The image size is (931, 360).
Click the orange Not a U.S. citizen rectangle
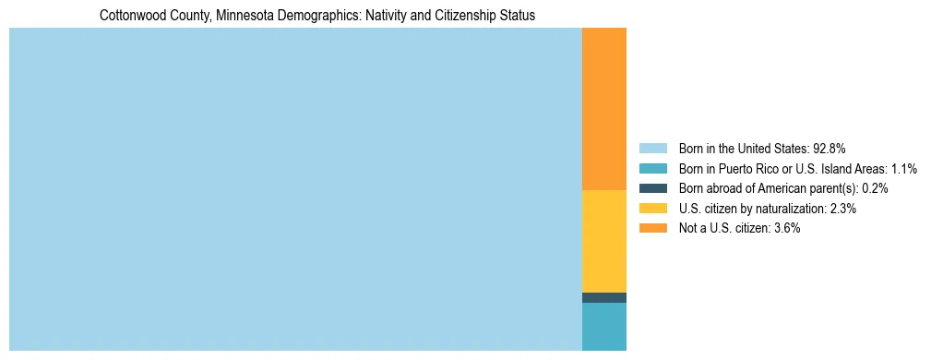(603, 109)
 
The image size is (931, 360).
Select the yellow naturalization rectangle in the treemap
(603, 241)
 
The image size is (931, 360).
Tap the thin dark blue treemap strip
(603, 297)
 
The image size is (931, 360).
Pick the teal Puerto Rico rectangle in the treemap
(603, 327)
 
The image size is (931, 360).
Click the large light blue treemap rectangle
(295, 189)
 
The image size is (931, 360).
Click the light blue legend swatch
(652, 149)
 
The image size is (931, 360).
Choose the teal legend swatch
(652, 169)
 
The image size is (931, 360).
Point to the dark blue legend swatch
(652, 188)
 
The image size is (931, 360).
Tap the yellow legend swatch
(652, 209)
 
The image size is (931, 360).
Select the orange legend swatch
(652, 228)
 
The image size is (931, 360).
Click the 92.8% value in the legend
(829, 149)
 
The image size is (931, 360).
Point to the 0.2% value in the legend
(875, 188)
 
